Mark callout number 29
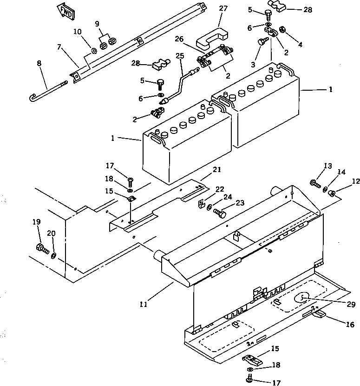[x=351, y=305]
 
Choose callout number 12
[x=355, y=181]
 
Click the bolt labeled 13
[x=315, y=184]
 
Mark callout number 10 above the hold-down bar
[x=78, y=32]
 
